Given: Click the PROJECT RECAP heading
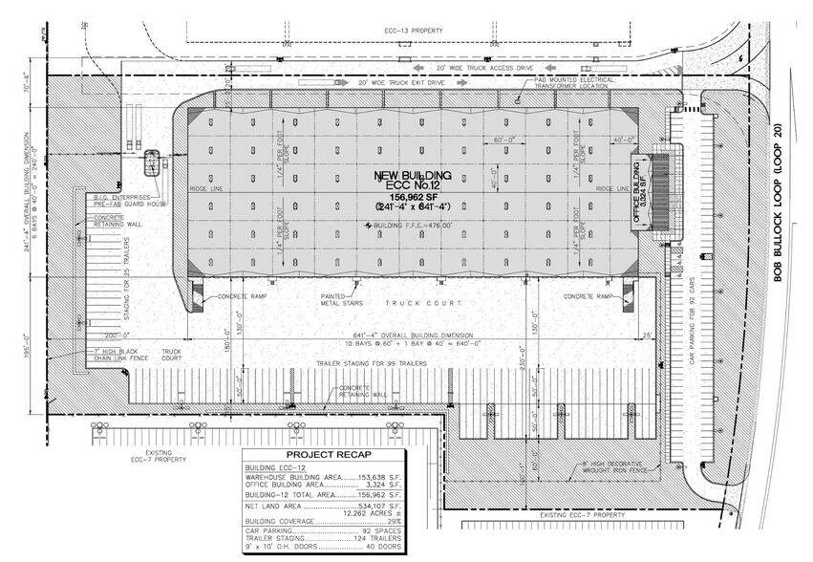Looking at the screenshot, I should [322, 456].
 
